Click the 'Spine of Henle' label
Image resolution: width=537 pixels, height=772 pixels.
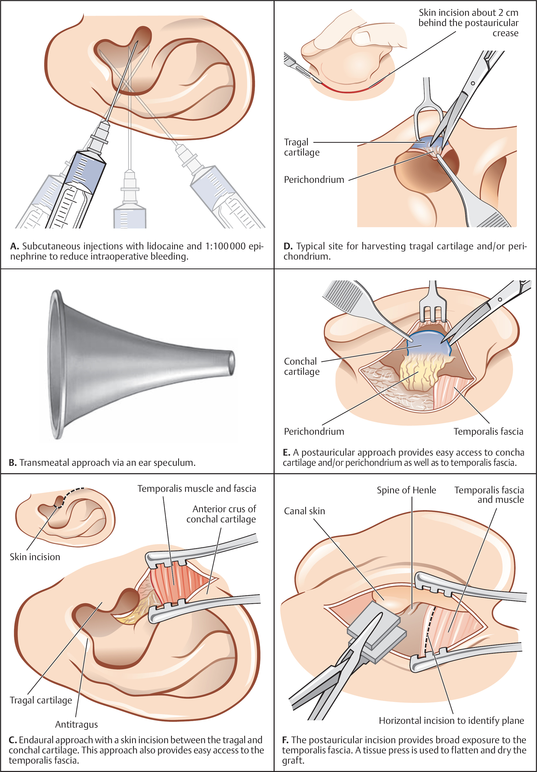[x=406, y=490]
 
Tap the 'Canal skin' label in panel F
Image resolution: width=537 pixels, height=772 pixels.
[x=304, y=511]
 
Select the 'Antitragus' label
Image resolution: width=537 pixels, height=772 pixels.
[x=76, y=724]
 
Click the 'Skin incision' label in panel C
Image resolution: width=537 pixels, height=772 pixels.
[x=35, y=557]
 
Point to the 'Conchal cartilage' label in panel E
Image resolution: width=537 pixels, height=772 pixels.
[x=301, y=366]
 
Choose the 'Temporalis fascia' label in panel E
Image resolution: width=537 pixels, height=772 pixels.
[x=488, y=431]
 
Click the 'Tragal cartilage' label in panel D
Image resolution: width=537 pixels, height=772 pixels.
[x=301, y=147]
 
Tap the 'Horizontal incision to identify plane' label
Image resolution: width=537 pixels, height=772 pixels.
[x=451, y=720]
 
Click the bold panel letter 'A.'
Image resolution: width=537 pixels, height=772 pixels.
[x=14, y=246]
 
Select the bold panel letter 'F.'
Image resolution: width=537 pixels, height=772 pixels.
[x=285, y=740]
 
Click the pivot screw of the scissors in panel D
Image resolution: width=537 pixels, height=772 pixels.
[x=473, y=83]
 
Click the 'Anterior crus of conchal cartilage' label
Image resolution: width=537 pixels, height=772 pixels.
[x=221, y=514]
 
